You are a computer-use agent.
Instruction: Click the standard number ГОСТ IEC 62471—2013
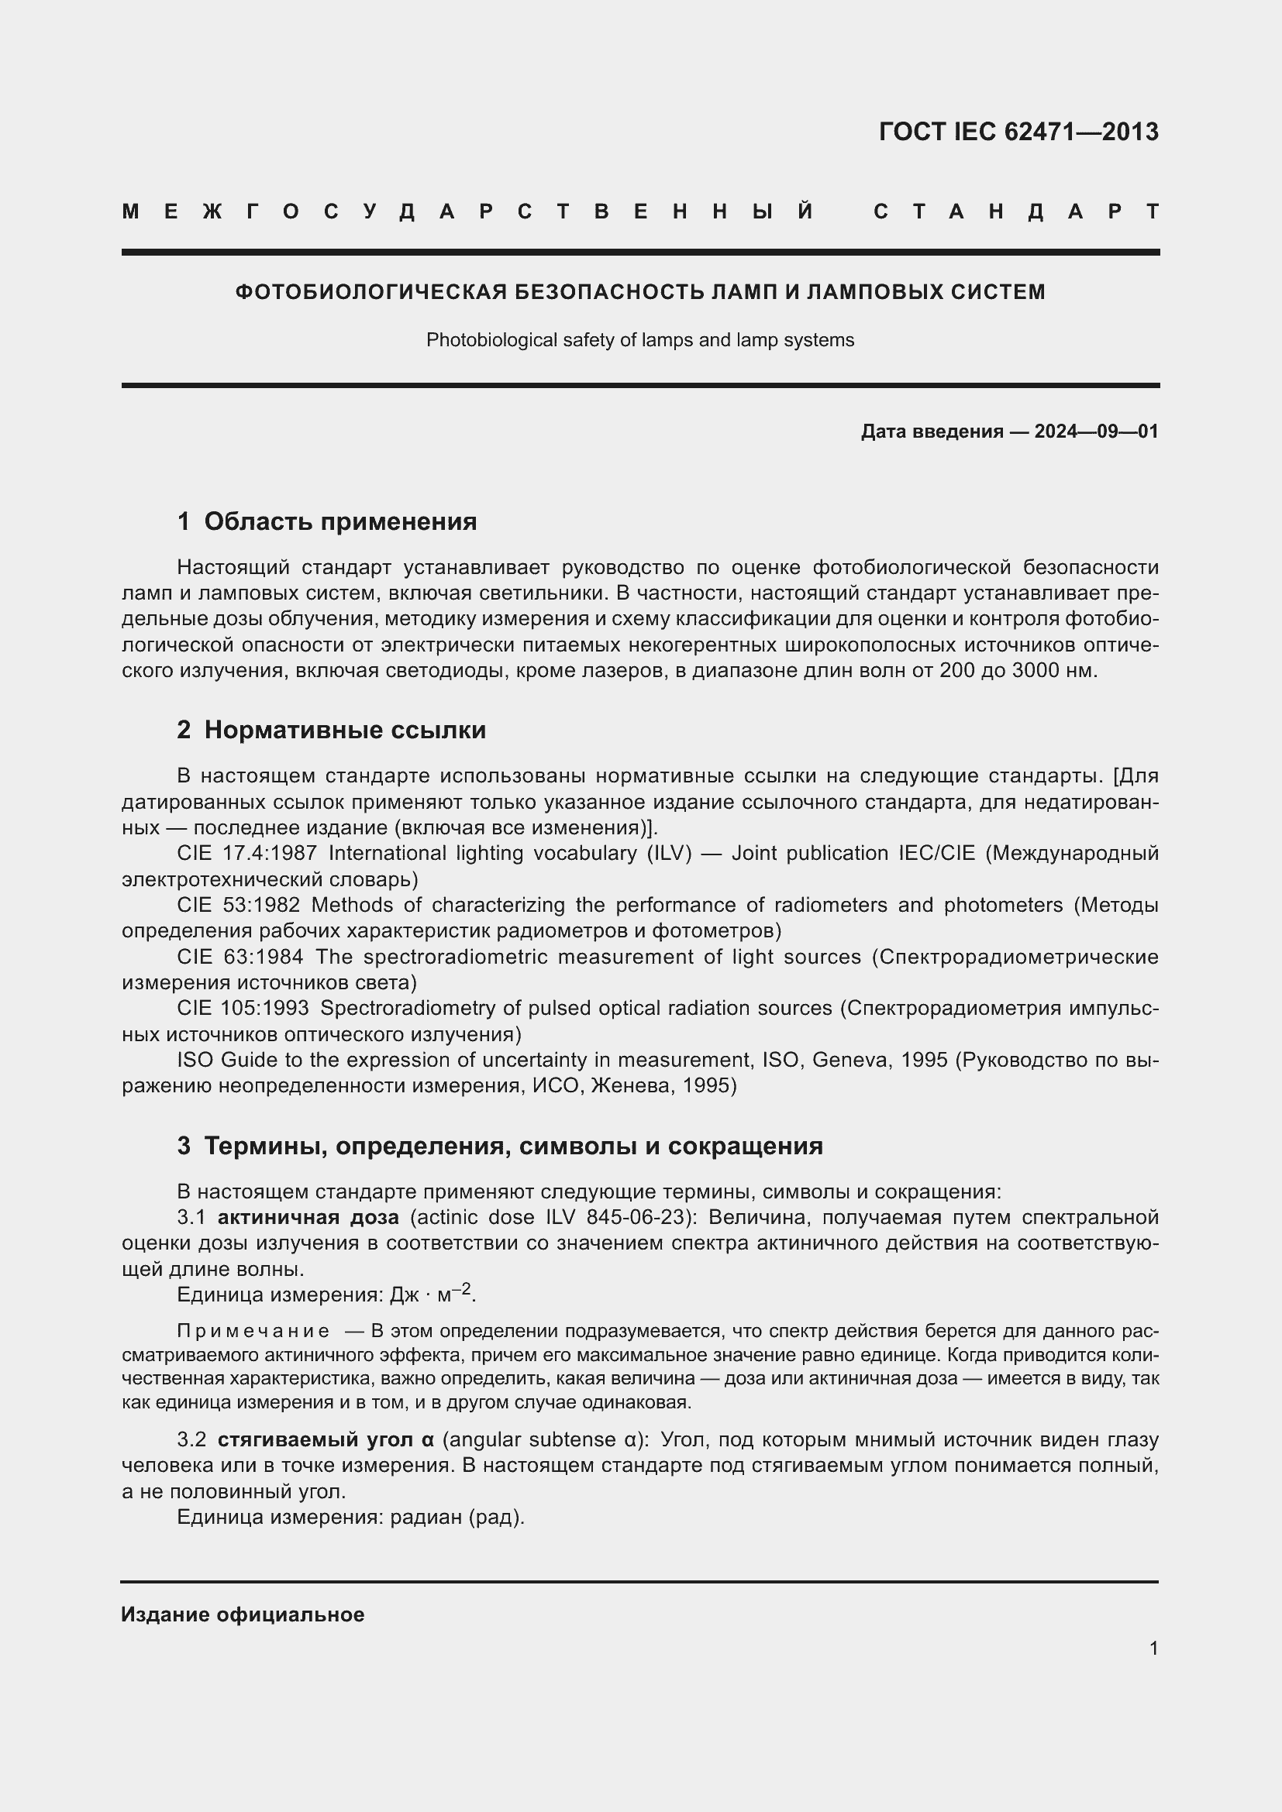tap(1018, 132)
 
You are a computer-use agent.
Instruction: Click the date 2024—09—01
tap(1096, 432)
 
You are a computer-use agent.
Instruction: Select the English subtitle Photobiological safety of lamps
tap(639, 340)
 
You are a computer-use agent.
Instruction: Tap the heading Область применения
tap(340, 521)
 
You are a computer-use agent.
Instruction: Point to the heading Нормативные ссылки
tap(345, 730)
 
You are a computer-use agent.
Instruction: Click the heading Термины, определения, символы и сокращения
tap(513, 1146)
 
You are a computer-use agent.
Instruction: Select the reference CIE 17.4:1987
tap(247, 853)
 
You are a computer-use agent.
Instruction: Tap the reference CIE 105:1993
tap(243, 1008)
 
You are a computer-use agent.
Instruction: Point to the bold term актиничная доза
tap(308, 1218)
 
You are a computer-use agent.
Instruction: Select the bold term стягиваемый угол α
tap(326, 1440)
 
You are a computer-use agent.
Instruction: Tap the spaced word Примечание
tap(253, 1332)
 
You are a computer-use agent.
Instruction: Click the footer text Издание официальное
tap(243, 1614)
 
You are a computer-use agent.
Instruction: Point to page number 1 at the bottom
tap(1153, 1649)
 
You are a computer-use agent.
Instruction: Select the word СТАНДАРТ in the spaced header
tap(1016, 211)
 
